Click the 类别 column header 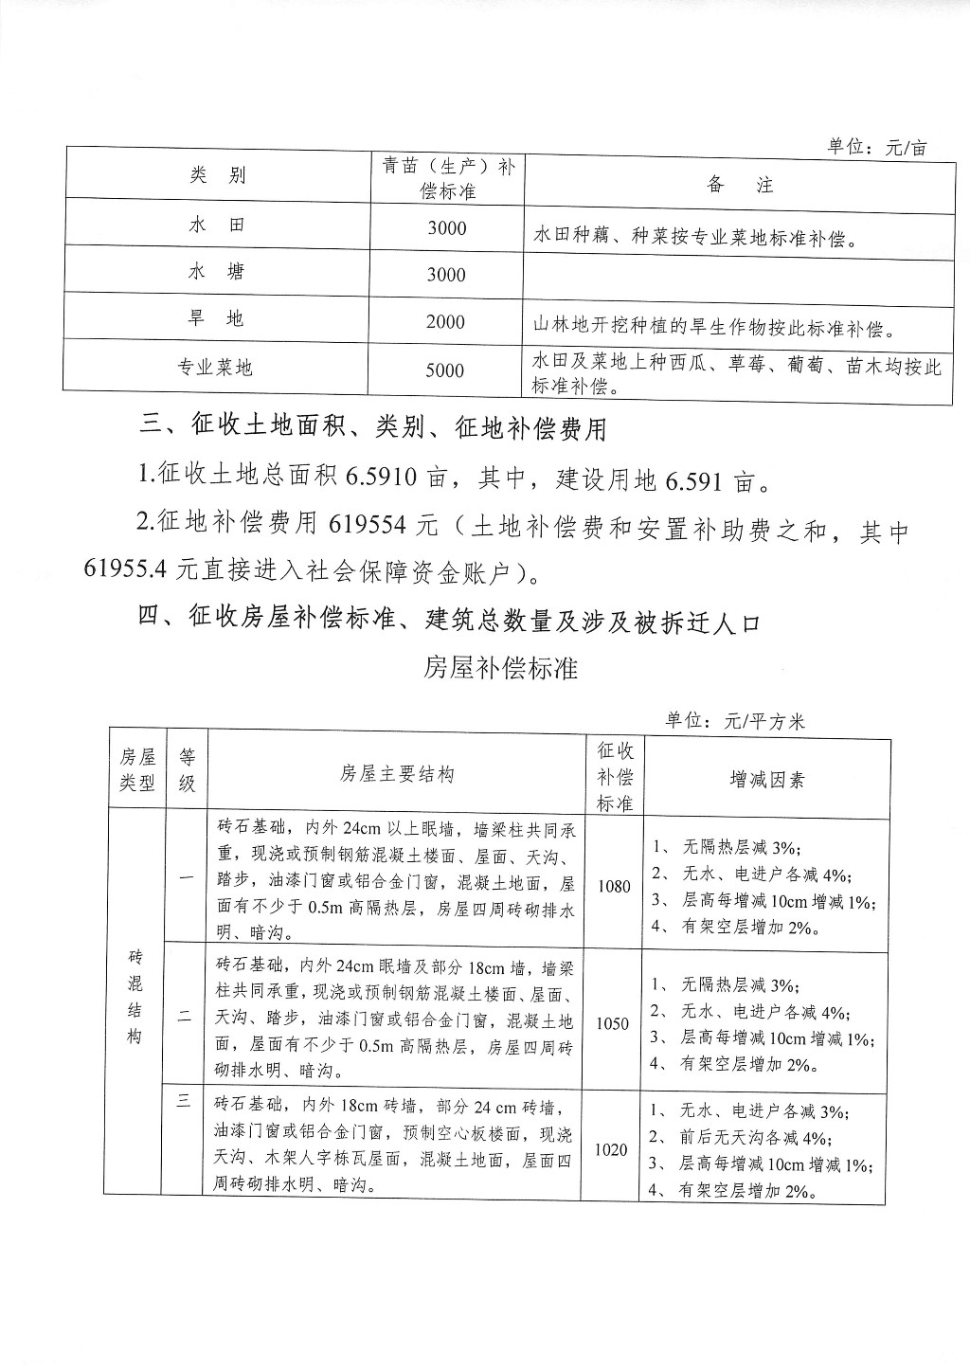[x=217, y=175]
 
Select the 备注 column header [x=740, y=185]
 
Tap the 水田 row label [x=217, y=225]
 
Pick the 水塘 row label [x=217, y=272]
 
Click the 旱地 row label [x=217, y=319]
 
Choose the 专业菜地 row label [x=217, y=368]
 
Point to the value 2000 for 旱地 [x=445, y=321]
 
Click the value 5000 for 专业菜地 [x=445, y=370]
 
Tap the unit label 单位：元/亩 [x=876, y=147]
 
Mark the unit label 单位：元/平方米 [x=734, y=721]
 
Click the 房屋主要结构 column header [x=397, y=774]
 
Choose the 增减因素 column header [x=767, y=779]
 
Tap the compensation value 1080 [x=614, y=886]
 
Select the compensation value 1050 [x=614, y=1024]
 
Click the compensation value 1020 [x=611, y=1149]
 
